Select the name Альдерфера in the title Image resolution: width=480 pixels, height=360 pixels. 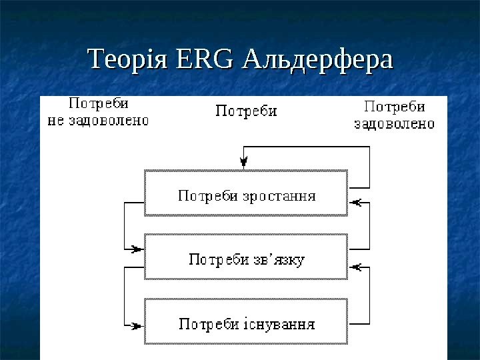319,59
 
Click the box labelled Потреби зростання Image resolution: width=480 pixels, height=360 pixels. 246,193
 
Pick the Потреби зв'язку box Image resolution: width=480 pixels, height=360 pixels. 246,257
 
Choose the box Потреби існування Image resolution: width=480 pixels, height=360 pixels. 246,322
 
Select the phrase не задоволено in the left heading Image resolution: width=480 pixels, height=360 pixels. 97,121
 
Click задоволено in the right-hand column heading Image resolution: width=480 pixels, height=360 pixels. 394,123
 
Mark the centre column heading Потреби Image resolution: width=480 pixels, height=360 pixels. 246,111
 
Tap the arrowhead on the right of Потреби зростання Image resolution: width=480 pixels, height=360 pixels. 355,200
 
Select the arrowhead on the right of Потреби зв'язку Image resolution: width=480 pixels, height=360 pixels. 355,267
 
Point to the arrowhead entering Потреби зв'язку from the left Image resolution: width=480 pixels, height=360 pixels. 137,249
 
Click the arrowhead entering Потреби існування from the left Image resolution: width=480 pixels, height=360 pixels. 137,325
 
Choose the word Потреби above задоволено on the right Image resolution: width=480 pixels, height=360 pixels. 395,107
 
